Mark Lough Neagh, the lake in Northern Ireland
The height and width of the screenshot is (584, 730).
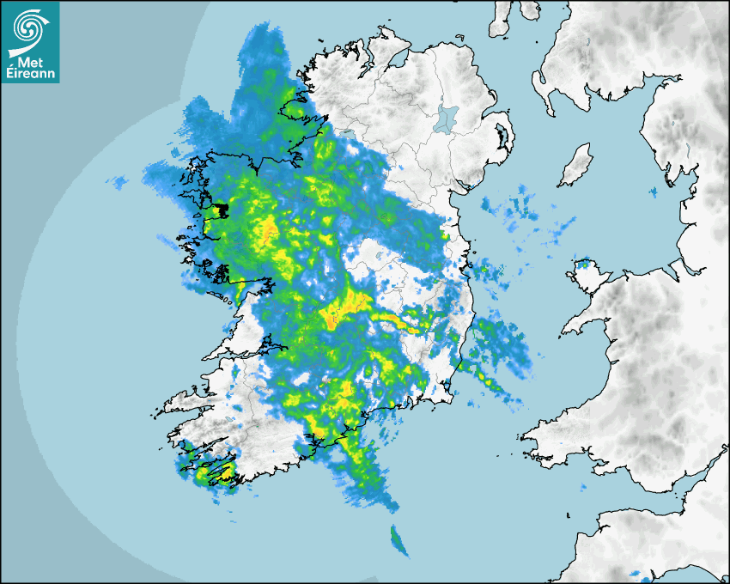(x=446, y=118)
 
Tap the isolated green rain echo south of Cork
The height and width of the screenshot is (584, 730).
(x=399, y=540)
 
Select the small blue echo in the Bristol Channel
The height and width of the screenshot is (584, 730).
(x=636, y=574)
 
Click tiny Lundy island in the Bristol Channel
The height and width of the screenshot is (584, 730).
(x=568, y=514)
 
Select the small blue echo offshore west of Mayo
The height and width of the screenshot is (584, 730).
(x=118, y=182)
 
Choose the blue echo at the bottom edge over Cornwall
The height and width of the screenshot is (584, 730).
(x=636, y=574)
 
